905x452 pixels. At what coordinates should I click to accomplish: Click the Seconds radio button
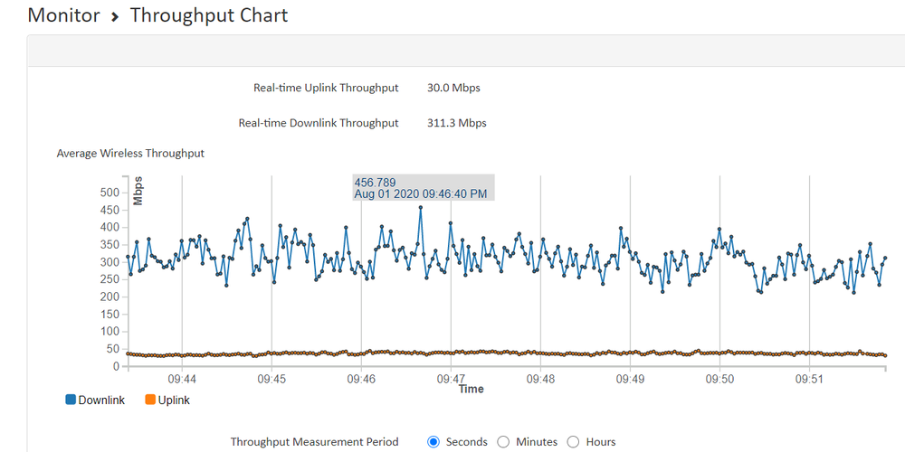tap(433, 442)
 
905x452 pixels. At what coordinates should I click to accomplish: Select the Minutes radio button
tap(504, 442)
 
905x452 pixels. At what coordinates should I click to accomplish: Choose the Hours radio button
tap(573, 442)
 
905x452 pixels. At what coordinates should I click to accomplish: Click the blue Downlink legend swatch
tap(71, 400)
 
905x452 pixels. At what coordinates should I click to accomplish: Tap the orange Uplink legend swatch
tap(149, 400)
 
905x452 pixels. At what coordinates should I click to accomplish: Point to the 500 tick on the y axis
tap(110, 193)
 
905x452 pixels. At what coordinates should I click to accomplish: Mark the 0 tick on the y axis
tap(116, 366)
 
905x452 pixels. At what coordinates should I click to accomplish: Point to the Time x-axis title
tap(471, 390)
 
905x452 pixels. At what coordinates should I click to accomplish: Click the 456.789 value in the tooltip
tap(375, 183)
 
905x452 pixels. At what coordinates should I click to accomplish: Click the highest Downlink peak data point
tap(420, 207)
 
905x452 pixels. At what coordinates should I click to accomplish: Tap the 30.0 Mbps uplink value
tap(453, 89)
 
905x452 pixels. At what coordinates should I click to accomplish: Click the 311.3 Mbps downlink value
tap(456, 123)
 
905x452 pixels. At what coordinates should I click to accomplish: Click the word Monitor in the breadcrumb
tap(63, 15)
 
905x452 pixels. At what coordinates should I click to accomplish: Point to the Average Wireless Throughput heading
tap(130, 154)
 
